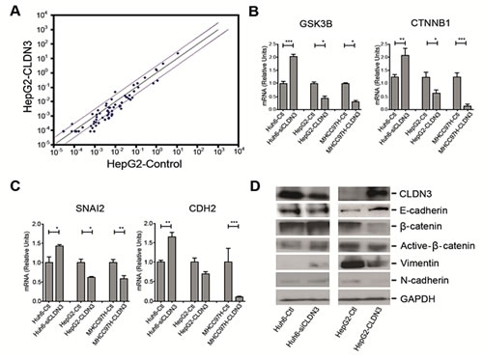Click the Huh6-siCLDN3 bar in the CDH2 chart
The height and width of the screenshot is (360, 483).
point(172,266)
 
